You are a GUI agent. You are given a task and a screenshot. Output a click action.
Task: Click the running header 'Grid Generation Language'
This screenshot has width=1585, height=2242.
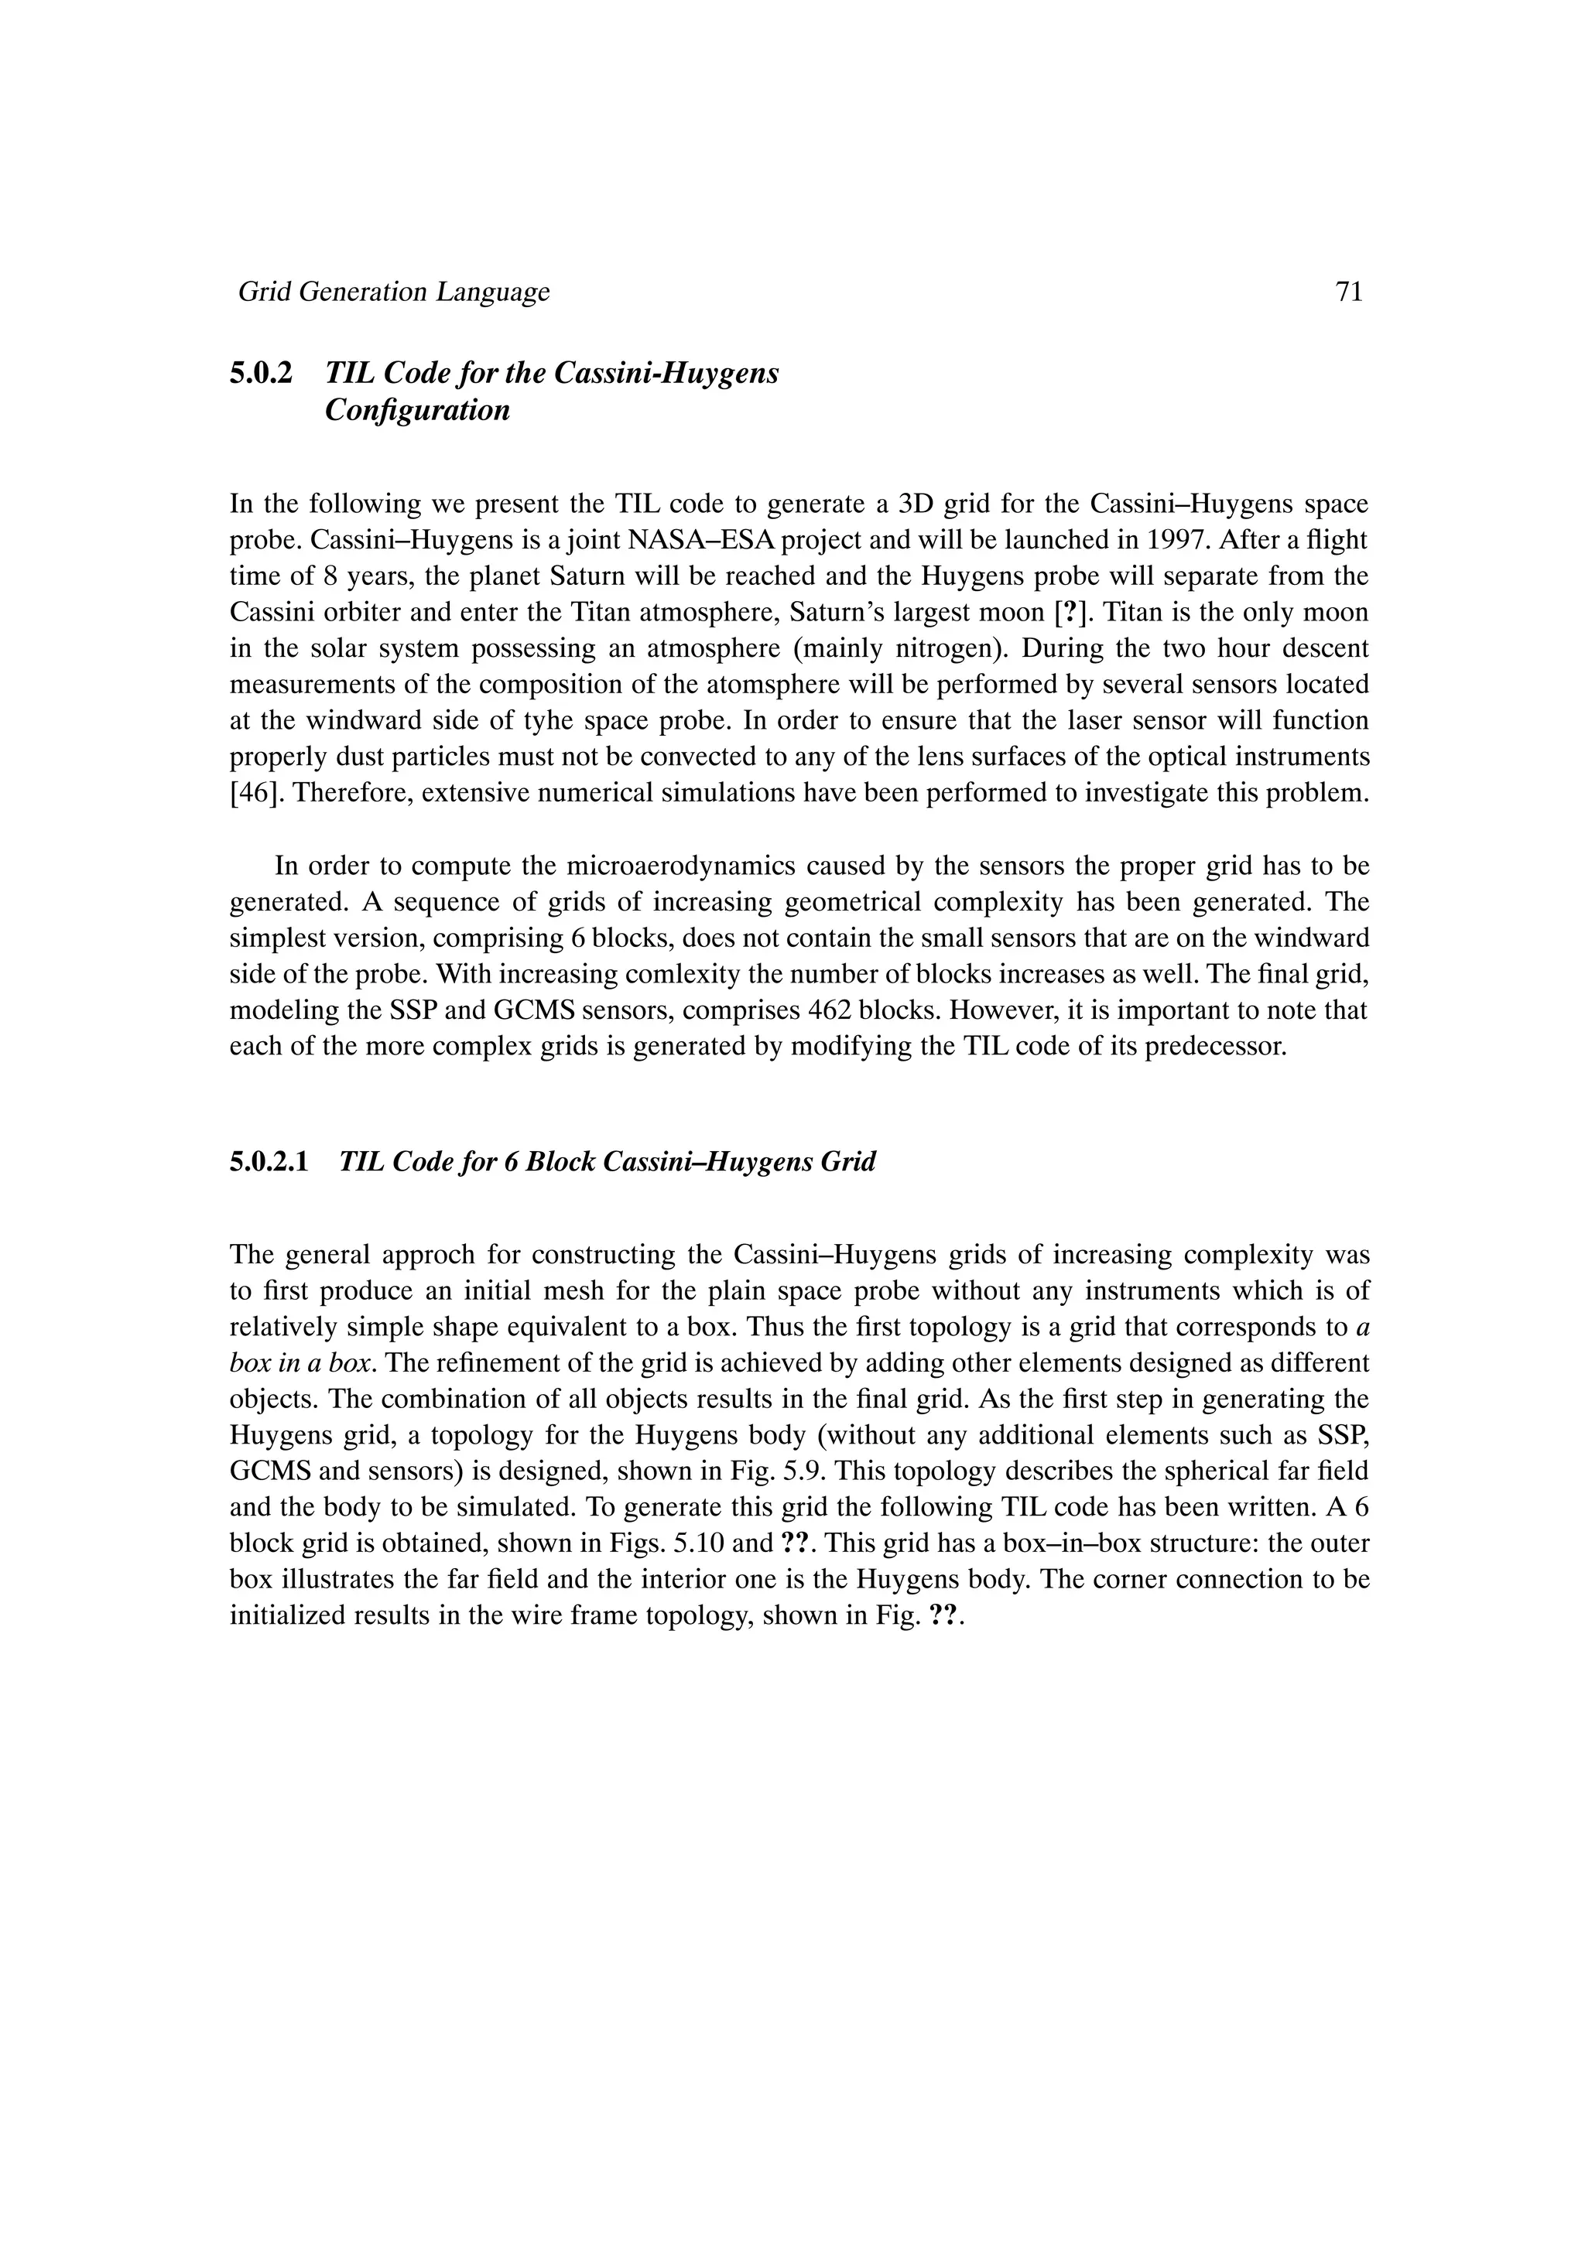394,292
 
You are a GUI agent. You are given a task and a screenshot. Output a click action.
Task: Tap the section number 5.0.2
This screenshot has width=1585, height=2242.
261,373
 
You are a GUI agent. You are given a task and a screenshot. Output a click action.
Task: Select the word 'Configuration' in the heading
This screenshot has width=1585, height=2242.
417,410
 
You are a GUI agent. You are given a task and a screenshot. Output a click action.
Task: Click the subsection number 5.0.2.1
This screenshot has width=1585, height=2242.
269,1162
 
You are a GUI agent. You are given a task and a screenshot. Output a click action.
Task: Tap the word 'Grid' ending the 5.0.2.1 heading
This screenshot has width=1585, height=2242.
850,1162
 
